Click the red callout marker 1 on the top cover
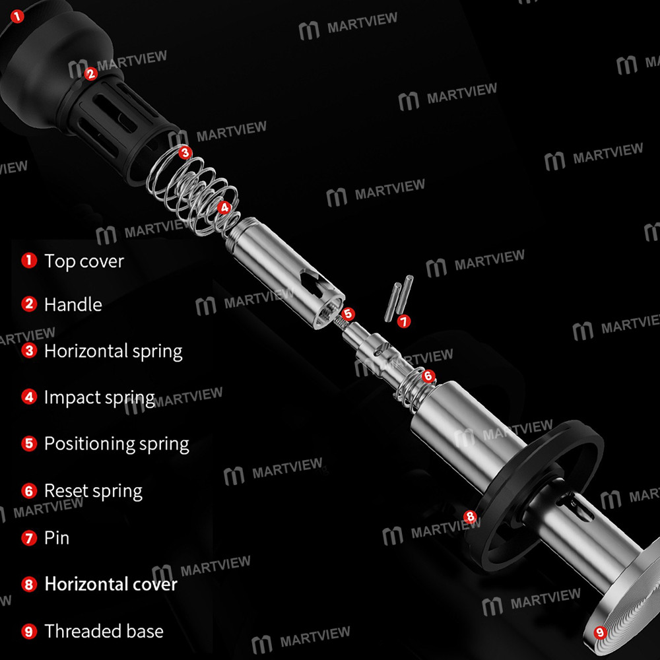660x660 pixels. point(17,16)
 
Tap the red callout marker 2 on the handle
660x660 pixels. point(90,74)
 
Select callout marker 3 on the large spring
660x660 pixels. point(185,152)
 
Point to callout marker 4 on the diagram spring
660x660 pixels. point(224,207)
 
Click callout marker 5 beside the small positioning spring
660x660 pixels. point(348,313)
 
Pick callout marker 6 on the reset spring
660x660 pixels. point(428,376)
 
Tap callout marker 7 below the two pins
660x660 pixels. point(404,321)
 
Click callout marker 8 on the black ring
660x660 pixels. point(470,517)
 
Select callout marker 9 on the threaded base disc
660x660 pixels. point(600,632)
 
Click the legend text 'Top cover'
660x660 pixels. point(84,261)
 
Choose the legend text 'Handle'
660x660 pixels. point(73,304)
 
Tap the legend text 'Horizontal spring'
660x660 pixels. point(114,352)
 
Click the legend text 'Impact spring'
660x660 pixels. point(100,398)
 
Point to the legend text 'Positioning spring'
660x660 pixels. point(117,444)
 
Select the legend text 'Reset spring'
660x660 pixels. point(94,491)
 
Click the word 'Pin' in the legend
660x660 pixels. point(57,538)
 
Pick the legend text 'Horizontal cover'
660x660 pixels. point(111,584)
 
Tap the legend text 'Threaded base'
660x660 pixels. point(104,632)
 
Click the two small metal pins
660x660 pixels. point(399,298)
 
